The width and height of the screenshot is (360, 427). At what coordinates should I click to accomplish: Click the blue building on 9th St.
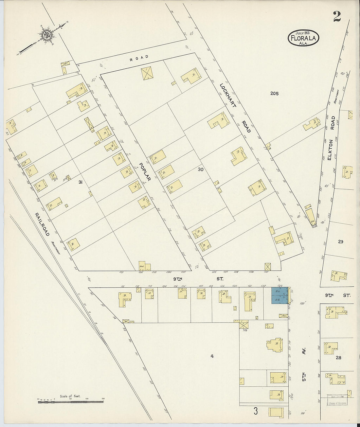tap(280, 295)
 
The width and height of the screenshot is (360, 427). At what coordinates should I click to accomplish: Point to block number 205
tap(274, 94)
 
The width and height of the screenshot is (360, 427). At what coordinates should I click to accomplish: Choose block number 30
tap(201, 169)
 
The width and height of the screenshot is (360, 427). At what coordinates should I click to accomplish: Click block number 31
tap(80, 182)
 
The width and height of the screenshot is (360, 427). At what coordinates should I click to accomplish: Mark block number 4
tap(212, 356)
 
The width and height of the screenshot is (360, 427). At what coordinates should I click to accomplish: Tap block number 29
tap(341, 242)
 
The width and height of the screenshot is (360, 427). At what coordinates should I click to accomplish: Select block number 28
tap(338, 358)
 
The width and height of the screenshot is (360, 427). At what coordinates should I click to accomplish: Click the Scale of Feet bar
tap(70, 400)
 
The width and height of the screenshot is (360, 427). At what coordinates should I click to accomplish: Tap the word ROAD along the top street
tap(139, 57)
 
